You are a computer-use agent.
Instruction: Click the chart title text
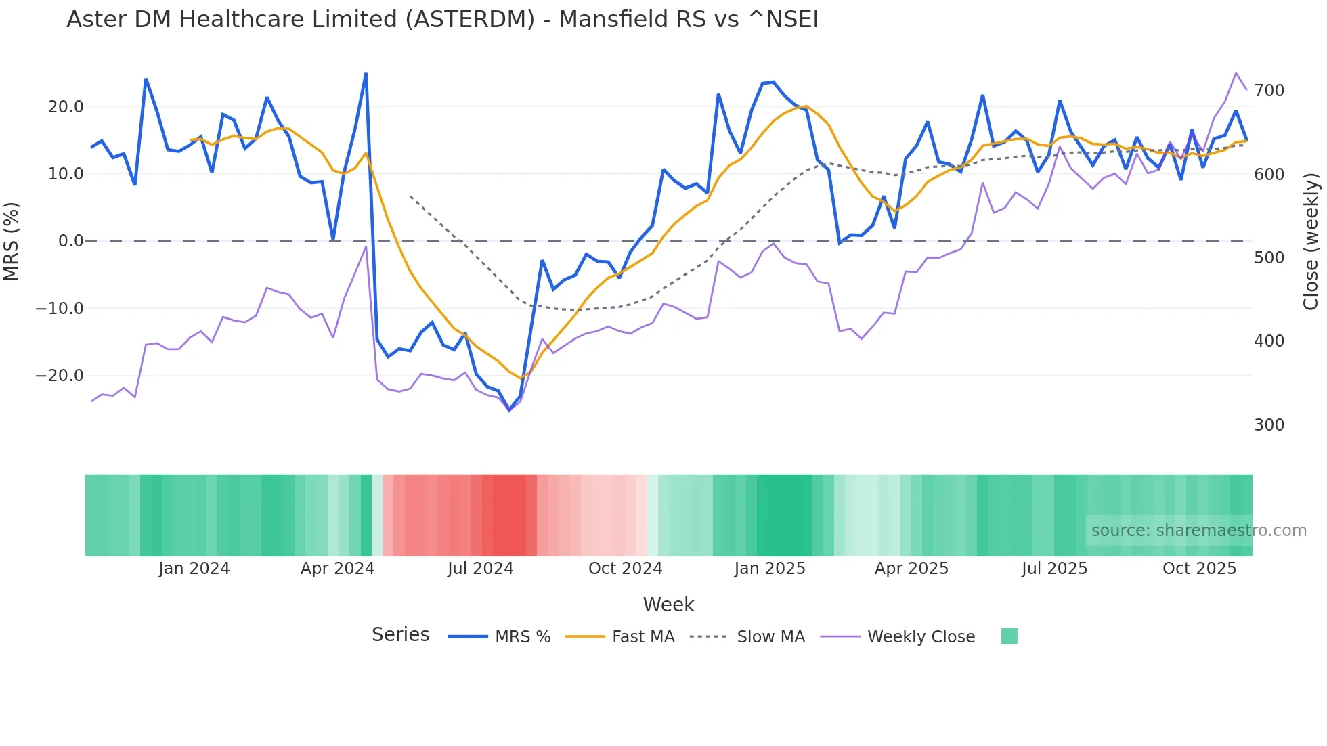442,20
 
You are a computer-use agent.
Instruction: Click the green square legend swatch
1009,636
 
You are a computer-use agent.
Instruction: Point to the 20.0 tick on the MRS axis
66,107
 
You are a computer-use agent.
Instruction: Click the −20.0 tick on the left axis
60,376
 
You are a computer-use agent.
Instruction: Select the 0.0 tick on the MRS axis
71,241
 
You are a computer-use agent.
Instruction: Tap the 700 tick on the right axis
1269,91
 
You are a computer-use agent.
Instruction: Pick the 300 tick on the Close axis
1269,425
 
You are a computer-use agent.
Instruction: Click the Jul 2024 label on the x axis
480,569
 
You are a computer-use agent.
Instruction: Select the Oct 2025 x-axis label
1199,569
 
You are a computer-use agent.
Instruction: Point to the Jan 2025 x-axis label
770,569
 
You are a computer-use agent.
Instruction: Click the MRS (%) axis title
12,241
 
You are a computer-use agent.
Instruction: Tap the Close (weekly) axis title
1311,241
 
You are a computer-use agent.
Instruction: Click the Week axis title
668,605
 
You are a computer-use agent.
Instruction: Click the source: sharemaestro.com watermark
1198,531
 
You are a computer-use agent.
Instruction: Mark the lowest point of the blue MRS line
509,410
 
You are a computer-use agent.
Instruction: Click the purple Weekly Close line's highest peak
1236,73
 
